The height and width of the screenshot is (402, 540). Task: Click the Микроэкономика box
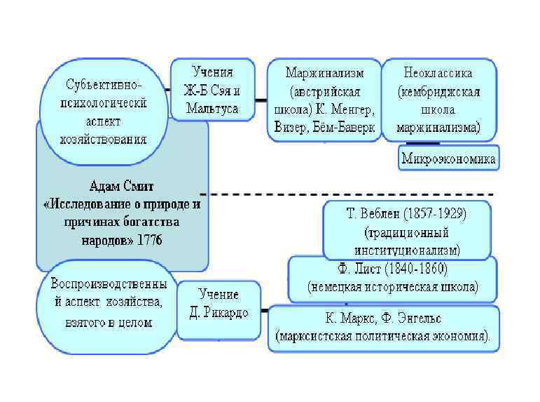(x=448, y=159)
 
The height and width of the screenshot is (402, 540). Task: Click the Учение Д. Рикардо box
(x=219, y=304)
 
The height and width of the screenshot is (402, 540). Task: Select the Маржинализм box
(x=324, y=100)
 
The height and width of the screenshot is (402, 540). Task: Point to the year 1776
(x=148, y=240)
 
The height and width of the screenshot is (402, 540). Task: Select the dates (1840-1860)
(x=414, y=269)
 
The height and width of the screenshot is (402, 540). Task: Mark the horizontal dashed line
(x=350, y=194)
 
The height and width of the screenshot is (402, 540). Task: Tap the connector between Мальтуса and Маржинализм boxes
(x=258, y=100)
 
